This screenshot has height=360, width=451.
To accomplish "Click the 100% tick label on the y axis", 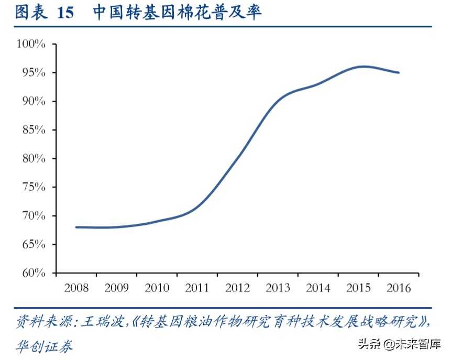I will pos(31,44).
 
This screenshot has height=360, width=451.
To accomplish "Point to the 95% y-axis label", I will pos(34,72).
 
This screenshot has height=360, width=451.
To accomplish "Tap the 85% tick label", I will pos(34,129).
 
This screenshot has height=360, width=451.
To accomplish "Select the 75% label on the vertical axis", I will pos(34,187).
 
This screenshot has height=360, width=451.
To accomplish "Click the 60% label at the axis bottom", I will pos(34,273).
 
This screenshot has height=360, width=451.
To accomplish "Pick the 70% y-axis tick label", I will pos(34,215).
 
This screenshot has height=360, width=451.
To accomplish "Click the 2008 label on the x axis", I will pos(76,288).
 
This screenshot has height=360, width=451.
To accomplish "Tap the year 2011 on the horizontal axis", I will pos(197,288).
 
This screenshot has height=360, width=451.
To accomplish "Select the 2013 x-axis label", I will pos(278,288).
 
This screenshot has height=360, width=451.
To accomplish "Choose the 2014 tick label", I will pos(318,288).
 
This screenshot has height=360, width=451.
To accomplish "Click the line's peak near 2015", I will pos(363,67).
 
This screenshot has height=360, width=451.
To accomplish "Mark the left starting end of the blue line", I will pos(76,227).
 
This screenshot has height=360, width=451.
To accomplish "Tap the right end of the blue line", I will pos(399,72).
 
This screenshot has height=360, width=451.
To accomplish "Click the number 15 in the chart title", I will pos(65,13).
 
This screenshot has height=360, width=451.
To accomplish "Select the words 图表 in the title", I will pos(30,13).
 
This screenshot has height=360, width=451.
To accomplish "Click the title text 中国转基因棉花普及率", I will pos(177,13).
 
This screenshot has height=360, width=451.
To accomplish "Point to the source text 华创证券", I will pos(44,346).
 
